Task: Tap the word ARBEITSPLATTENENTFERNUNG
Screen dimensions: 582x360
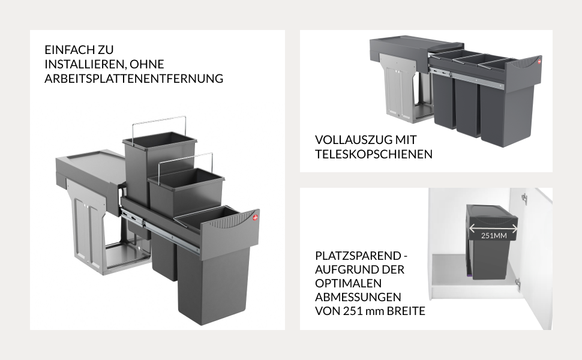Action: click(x=134, y=79)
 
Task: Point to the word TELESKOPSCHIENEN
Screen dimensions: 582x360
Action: click(x=374, y=154)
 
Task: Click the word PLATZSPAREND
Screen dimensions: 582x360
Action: click(x=358, y=256)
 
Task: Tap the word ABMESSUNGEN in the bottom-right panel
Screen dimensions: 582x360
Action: click(x=358, y=297)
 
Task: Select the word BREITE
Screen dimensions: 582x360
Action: click(x=406, y=311)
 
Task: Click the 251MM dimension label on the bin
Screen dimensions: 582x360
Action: click(x=494, y=236)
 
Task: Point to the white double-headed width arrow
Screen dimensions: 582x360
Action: click(x=493, y=228)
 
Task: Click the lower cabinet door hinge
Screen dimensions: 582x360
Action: click(x=518, y=284)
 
